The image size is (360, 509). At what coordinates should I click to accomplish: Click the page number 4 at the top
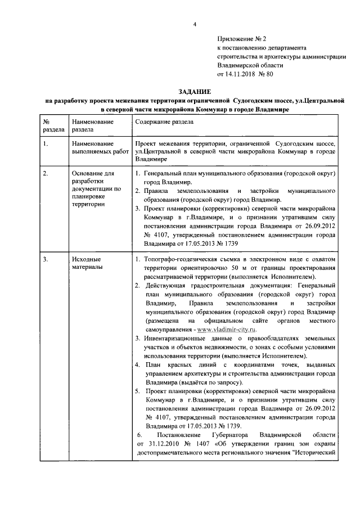194,24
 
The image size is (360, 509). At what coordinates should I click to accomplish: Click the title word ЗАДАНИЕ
195,91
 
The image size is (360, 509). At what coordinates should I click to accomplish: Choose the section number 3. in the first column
46,259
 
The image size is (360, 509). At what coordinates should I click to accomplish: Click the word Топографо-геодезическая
182,259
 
